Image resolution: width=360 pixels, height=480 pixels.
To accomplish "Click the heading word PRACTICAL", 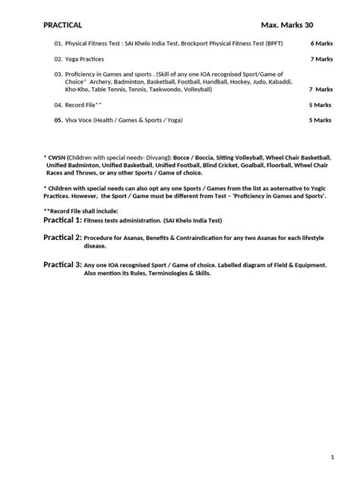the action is (62, 25).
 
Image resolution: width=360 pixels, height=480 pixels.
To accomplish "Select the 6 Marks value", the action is (321, 43).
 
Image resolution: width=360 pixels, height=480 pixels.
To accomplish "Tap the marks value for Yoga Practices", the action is (321, 58).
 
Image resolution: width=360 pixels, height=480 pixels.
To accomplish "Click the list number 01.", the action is (58, 43).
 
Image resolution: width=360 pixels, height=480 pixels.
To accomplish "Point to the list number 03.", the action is (58, 74).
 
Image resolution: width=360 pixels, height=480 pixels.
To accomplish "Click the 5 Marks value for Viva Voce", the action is (321, 120).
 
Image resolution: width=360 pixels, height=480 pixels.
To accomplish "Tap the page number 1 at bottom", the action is (333, 456).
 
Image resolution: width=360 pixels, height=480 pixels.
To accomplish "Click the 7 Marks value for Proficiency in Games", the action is (321, 89).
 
